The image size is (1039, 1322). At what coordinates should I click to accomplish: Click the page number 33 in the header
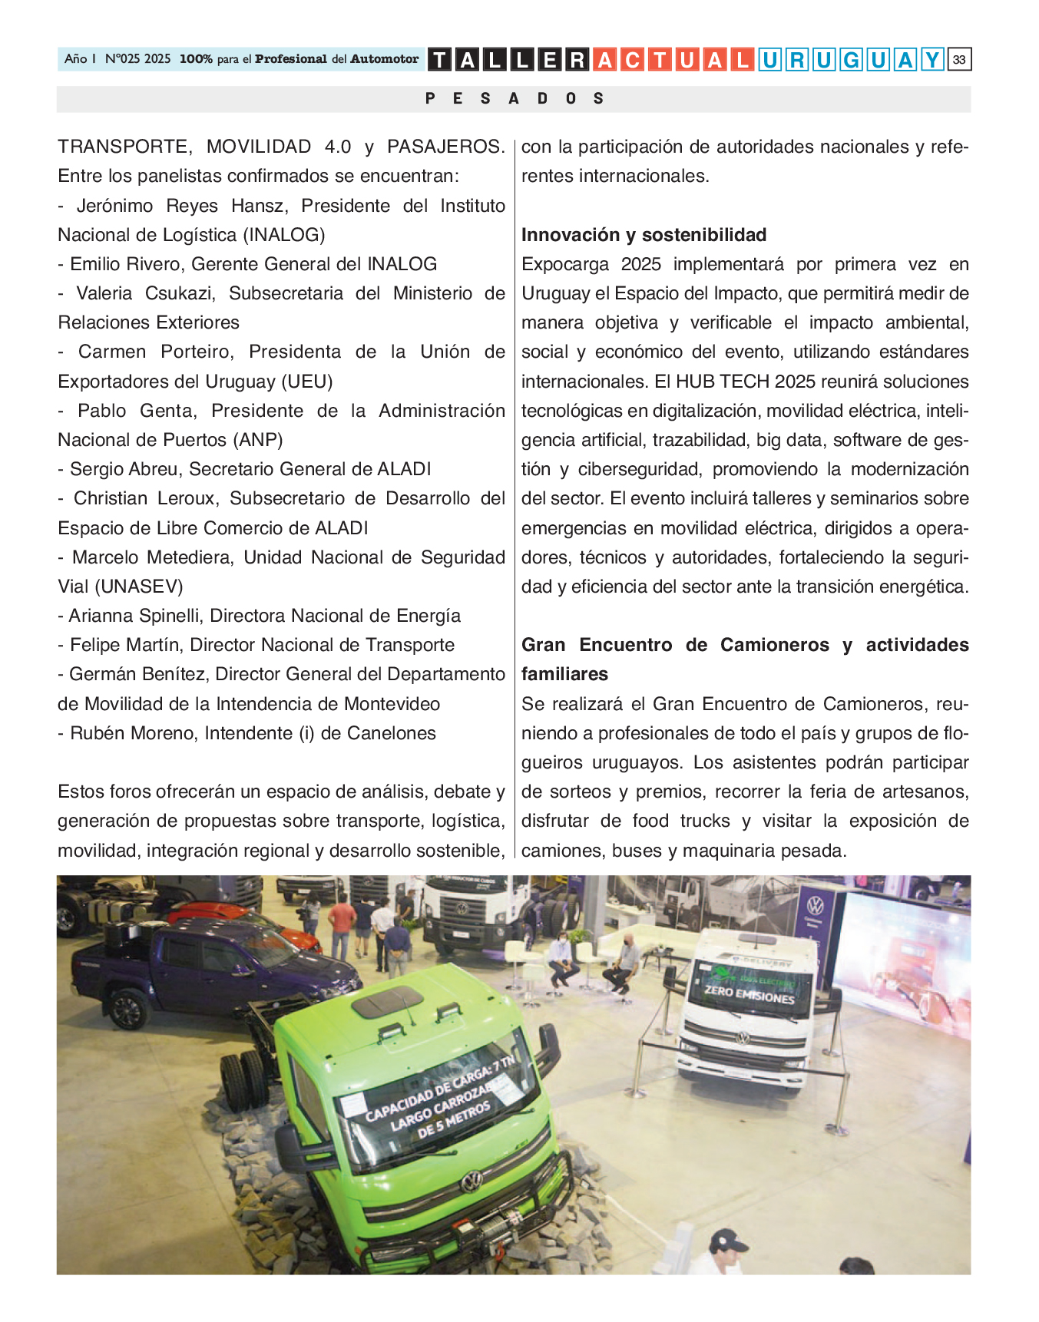point(959,59)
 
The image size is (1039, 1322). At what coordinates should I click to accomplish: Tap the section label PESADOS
point(514,98)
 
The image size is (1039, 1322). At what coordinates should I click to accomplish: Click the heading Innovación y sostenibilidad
point(644,235)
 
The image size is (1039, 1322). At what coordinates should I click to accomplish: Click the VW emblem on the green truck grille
point(471,1181)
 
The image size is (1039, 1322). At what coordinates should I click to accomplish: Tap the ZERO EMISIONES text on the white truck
point(749,995)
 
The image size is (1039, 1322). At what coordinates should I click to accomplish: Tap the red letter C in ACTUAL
point(632,59)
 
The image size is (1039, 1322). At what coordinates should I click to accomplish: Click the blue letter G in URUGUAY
point(850,59)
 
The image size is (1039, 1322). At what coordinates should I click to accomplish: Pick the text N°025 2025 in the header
point(137,59)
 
